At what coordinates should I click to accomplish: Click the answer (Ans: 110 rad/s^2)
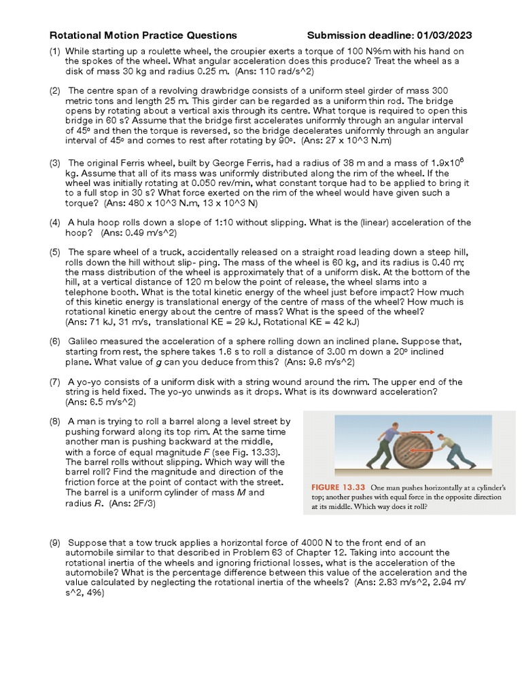(x=275, y=71)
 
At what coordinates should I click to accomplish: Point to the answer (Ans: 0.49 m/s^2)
(x=139, y=233)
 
